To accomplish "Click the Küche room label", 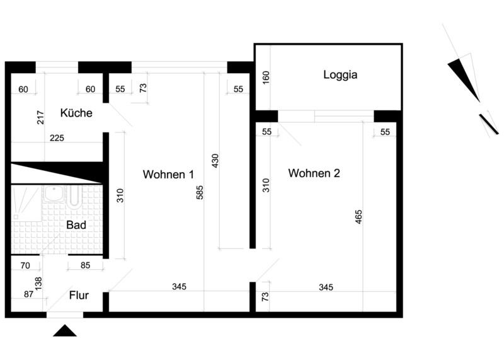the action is pos(76,113).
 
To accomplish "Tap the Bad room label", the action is pos(76,225).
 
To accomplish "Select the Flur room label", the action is pos(79,295).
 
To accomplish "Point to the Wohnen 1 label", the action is pos(168,175).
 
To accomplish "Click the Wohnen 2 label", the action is pos(314,173).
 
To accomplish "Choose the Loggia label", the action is pos(340,74).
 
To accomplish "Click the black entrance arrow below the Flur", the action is pos(65,331).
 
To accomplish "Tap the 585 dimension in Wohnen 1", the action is pos(200,192).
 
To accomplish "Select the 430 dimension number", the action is pos(215,161).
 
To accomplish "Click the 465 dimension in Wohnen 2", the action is pos(358,217).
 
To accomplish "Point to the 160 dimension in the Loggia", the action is pos(266,78).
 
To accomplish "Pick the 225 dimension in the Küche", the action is pos(57,138).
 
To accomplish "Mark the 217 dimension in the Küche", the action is pos(40,117).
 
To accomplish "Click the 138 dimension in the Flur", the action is pos(38,284).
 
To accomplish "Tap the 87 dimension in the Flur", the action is pos(28,294).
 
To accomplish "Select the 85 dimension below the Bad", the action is pos(85,265).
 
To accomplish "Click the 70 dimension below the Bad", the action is pos(25,265).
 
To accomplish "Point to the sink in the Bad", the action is pos(54,194).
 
